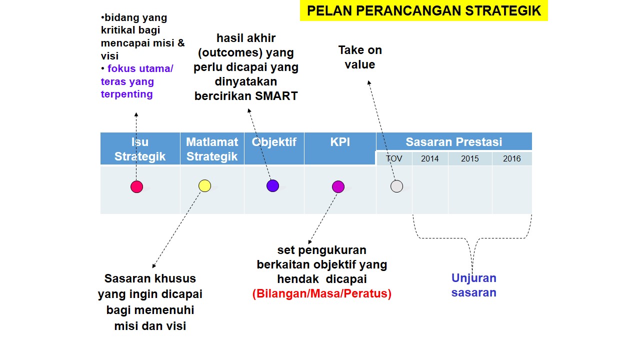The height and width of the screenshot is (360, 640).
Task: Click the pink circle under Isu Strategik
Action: click(x=136, y=186)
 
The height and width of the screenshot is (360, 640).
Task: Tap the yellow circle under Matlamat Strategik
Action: click(x=204, y=186)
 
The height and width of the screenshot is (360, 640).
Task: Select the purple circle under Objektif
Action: click(x=272, y=186)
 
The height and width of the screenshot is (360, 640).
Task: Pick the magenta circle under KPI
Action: click(x=338, y=186)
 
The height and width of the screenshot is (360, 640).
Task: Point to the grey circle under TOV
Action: click(x=396, y=186)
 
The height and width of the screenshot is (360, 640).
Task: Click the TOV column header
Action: click(x=394, y=158)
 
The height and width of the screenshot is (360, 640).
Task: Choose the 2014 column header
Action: click(x=430, y=158)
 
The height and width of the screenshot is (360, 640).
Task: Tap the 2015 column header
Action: click(x=470, y=158)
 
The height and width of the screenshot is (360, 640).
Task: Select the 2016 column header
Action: click(x=512, y=158)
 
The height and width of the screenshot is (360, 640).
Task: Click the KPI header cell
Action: click(x=340, y=142)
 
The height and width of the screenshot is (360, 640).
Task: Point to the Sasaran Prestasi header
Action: click(x=453, y=142)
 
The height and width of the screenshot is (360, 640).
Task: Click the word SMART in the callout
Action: click(x=276, y=96)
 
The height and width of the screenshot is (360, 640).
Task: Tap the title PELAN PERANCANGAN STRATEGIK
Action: click(x=423, y=11)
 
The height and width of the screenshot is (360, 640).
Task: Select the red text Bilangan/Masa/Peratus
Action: click(x=322, y=293)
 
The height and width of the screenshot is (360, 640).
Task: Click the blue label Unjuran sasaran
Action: click(x=473, y=285)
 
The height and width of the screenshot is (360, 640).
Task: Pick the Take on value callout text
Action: click(x=360, y=57)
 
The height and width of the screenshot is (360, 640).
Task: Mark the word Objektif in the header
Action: click(x=274, y=142)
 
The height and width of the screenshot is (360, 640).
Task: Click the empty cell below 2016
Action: click(x=512, y=189)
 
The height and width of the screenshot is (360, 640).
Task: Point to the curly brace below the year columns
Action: click(x=472, y=240)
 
